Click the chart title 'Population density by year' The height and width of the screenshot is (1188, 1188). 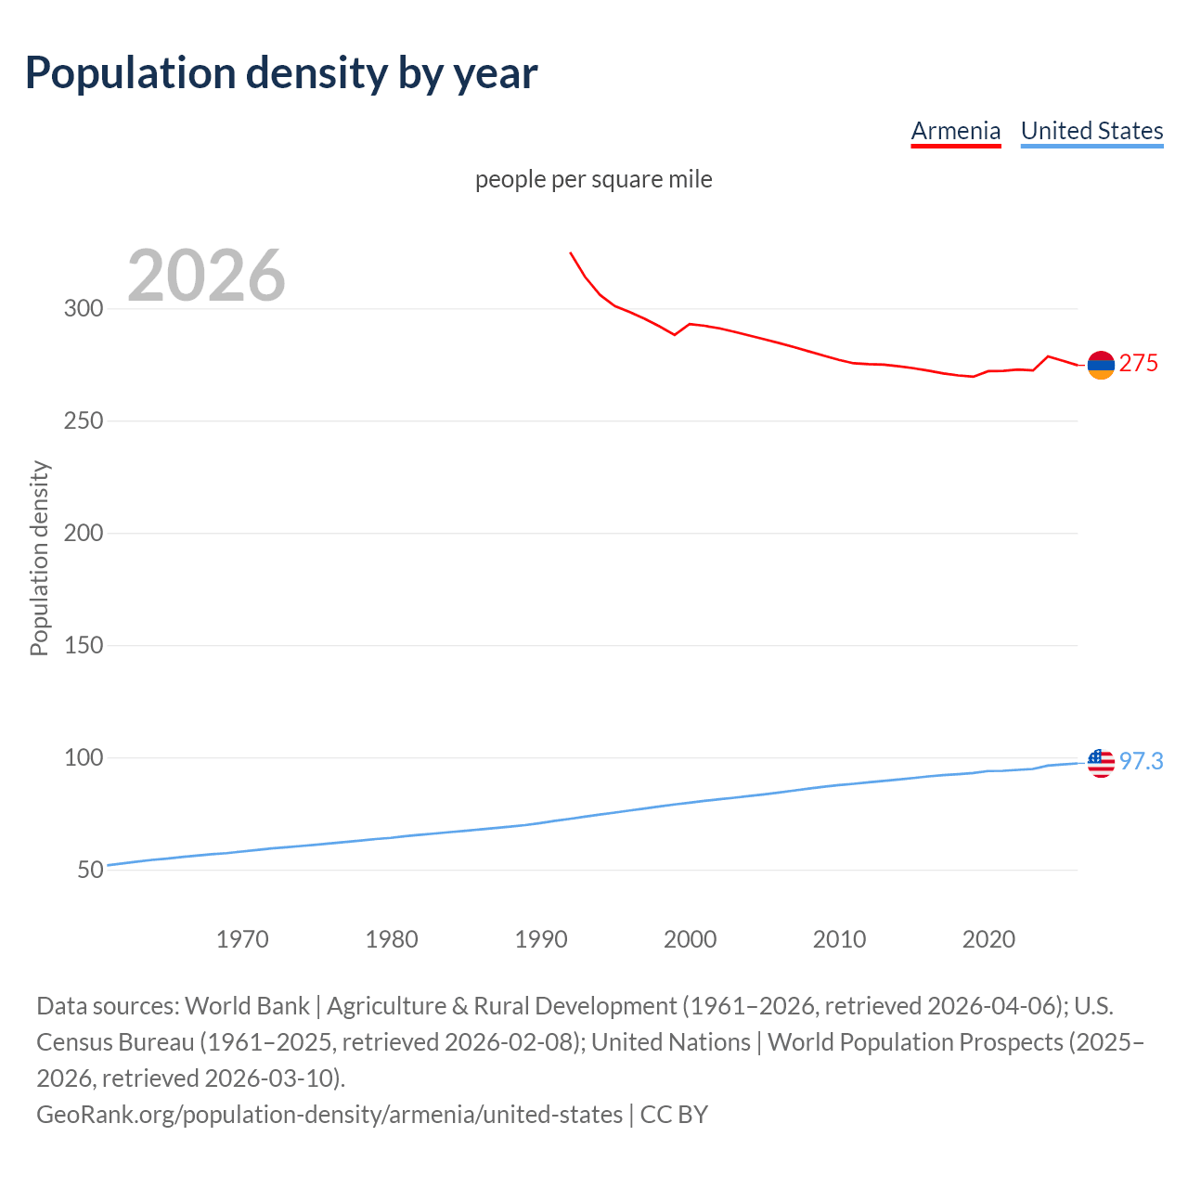[x=281, y=73]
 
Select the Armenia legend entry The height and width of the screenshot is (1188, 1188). [x=955, y=131]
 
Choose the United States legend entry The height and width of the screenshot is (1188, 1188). [x=1091, y=131]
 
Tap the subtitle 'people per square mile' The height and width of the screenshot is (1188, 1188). [x=593, y=179]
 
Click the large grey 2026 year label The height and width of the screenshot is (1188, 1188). [x=206, y=276]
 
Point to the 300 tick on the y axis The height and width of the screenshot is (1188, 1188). [x=83, y=309]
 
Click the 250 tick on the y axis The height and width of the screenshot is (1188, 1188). [x=83, y=421]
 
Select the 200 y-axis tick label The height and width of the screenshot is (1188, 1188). [x=83, y=534]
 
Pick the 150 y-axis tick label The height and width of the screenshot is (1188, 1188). [x=83, y=646]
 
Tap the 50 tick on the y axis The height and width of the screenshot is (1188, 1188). [x=90, y=871]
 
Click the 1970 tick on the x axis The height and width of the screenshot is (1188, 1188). [x=242, y=939]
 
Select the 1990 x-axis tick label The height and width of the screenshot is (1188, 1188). [x=541, y=939]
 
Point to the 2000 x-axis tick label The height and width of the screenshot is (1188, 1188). [x=690, y=939]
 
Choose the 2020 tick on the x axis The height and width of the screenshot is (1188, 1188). [x=988, y=939]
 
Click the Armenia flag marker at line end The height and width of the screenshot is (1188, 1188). [x=1101, y=366]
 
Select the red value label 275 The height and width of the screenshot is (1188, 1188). [x=1139, y=364]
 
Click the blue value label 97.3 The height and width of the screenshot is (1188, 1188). [x=1141, y=762]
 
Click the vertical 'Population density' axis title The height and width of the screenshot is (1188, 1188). [x=39, y=559]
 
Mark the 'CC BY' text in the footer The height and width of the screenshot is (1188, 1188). [x=674, y=1115]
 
